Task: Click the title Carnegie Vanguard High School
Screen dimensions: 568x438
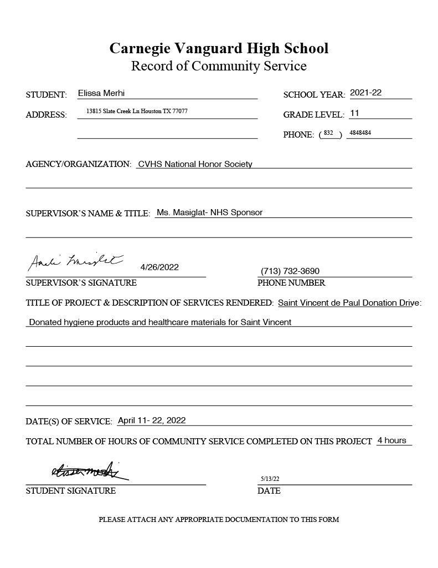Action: click(x=219, y=48)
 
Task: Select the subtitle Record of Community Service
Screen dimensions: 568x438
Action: click(x=219, y=66)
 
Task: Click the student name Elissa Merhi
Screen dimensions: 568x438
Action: click(x=101, y=93)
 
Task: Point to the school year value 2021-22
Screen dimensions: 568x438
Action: click(x=365, y=93)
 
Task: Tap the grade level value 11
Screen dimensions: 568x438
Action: click(x=354, y=113)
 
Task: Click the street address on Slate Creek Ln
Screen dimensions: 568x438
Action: click(x=137, y=111)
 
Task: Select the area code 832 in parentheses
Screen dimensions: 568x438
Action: click(x=328, y=133)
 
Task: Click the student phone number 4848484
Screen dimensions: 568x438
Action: click(x=360, y=133)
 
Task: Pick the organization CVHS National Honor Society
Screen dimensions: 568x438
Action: click(x=195, y=164)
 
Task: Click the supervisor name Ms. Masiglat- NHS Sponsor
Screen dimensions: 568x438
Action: click(x=209, y=212)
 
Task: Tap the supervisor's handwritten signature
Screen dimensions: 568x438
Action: click(x=76, y=262)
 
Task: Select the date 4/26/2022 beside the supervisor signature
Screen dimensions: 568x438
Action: click(x=159, y=267)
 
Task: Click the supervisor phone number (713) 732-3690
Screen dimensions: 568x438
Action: click(x=290, y=271)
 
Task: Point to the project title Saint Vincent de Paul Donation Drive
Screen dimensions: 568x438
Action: click(x=348, y=303)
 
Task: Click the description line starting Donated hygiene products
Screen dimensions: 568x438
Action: click(x=160, y=322)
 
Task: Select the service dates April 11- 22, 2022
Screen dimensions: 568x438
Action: click(x=152, y=420)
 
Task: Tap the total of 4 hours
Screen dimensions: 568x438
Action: click(x=391, y=440)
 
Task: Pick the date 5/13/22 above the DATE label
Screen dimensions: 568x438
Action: click(x=270, y=479)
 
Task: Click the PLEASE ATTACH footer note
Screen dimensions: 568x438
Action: click(x=219, y=520)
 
